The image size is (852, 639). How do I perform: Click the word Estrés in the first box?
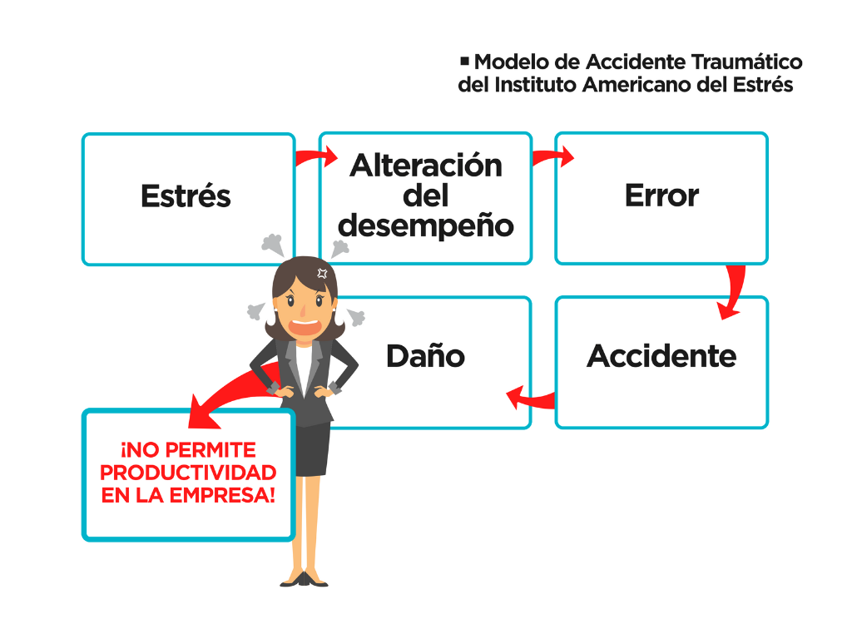pyautogui.click(x=186, y=196)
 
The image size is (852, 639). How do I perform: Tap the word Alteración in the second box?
pyautogui.click(x=425, y=165)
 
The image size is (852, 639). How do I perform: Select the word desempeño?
pyautogui.click(x=425, y=225)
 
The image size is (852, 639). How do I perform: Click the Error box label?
pyautogui.click(x=661, y=196)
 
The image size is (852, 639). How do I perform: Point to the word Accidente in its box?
pyautogui.click(x=661, y=356)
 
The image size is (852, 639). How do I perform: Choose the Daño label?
pyautogui.click(x=425, y=356)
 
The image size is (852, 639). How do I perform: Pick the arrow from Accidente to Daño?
pyautogui.click(x=529, y=399)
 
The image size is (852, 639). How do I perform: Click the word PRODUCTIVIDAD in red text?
pyautogui.click(x=188, y=473)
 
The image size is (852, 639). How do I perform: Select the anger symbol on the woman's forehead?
pyautogui.click(x=322, y=272)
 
